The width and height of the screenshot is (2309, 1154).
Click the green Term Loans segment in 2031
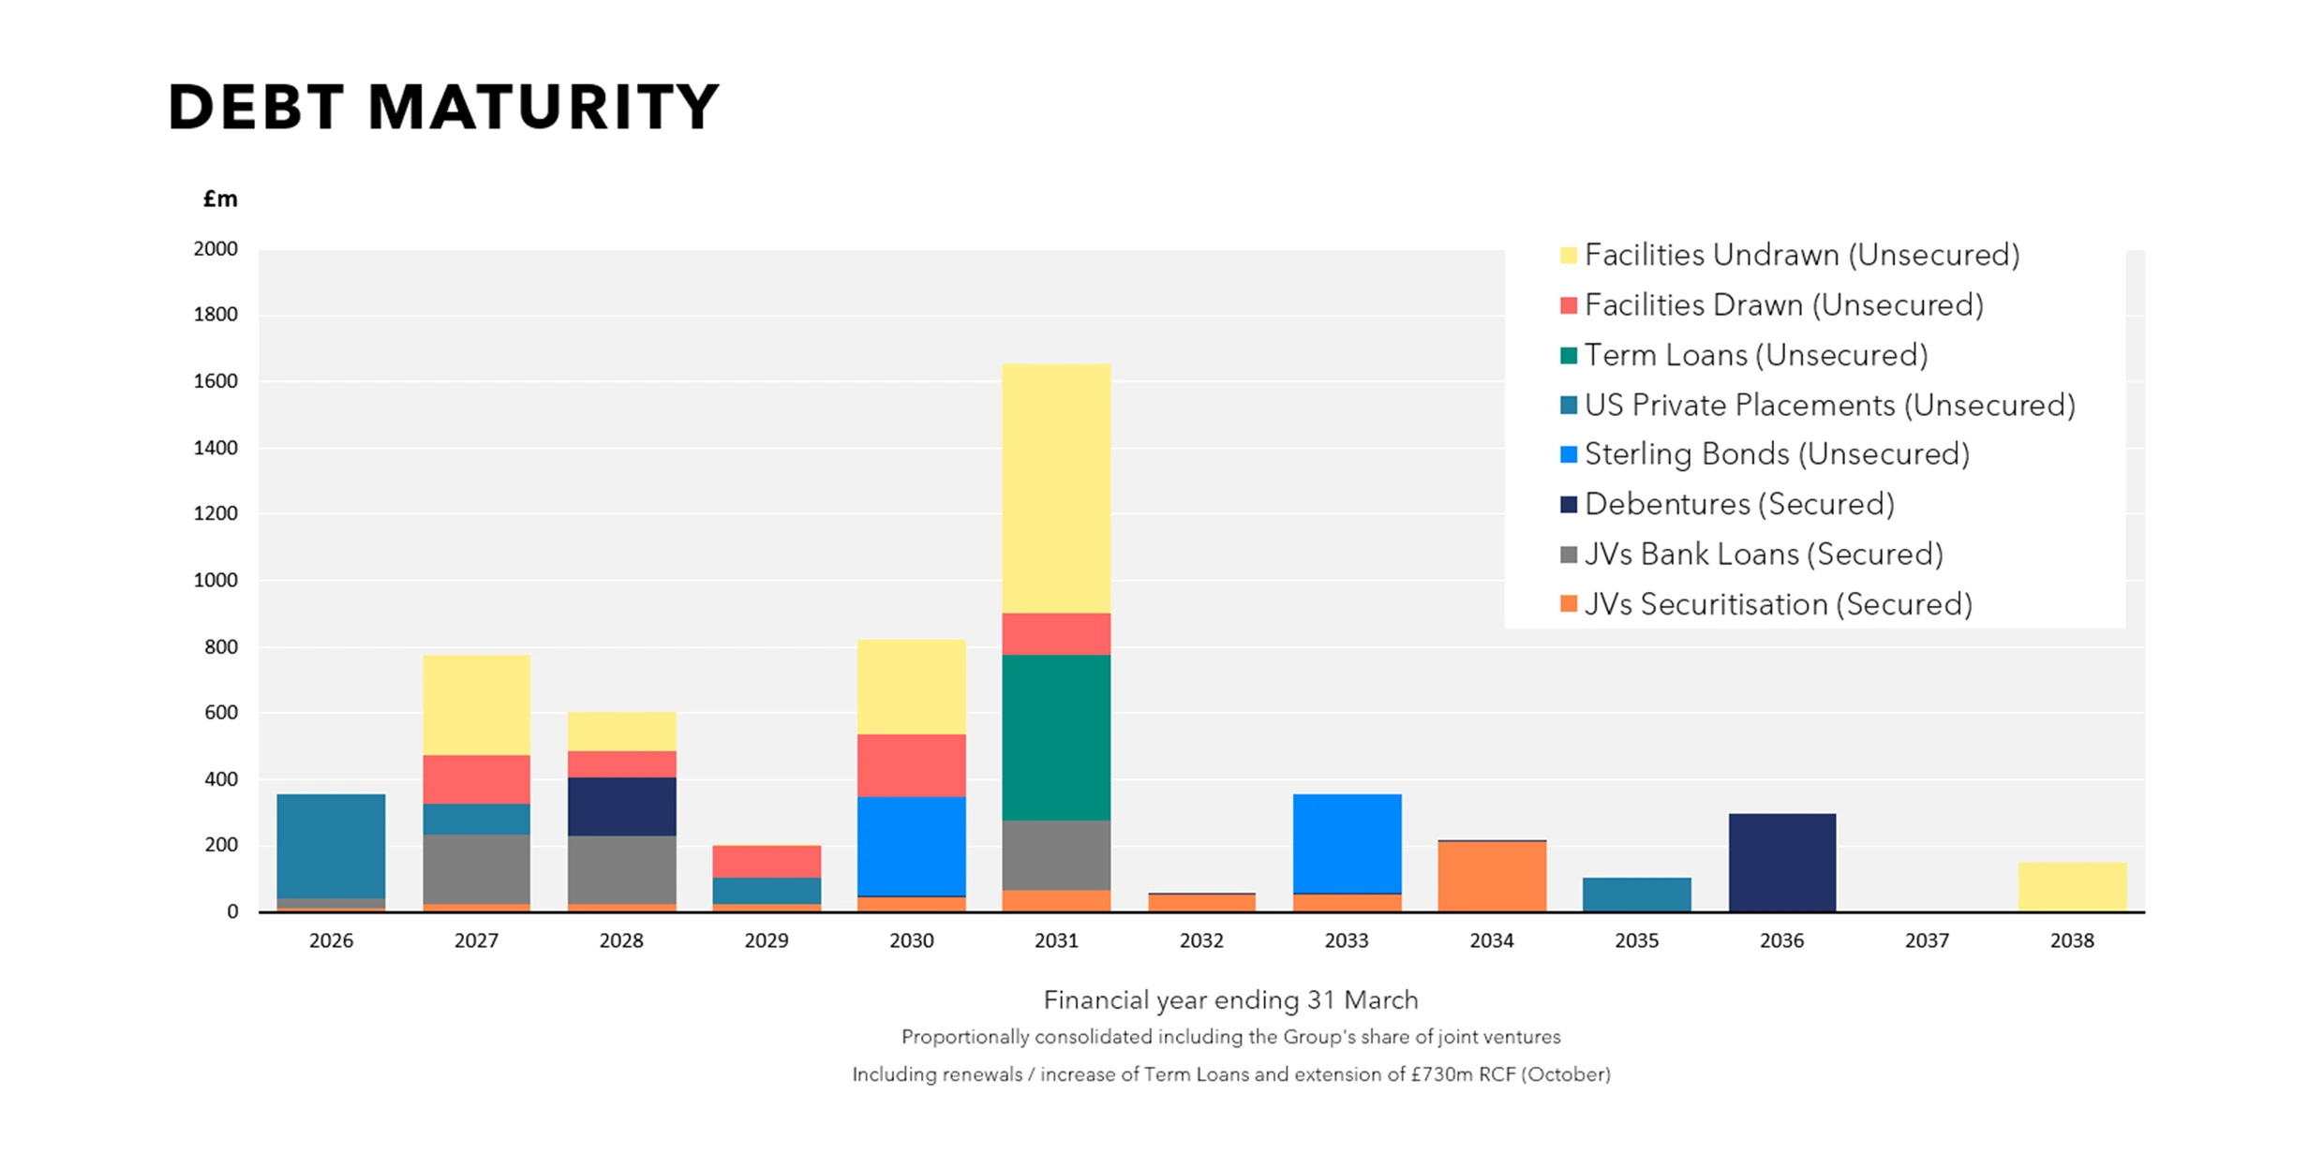tap(1056, 737)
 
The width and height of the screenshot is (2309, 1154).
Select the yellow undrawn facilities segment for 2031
tap(1056, 488)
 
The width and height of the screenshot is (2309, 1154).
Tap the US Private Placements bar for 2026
tap(331, 846)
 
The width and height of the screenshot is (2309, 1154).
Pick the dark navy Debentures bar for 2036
tap(1781, 862)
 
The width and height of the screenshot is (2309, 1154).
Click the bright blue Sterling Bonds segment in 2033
tap(1347, 843)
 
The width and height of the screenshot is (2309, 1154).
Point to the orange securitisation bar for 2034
tap(1492, 876)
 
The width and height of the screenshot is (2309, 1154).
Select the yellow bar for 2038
tap(2072, 886)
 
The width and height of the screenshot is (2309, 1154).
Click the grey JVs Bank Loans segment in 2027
tap(476, 868)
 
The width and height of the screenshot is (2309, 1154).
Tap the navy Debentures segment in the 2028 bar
tap(621, 806)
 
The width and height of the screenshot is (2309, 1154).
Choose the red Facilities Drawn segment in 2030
tap(911, 764)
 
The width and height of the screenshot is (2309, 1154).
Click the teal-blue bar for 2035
tap(1636, 894)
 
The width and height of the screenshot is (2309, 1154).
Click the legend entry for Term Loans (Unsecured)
tap(1754, 355)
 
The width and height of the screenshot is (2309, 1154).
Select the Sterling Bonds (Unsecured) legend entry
tap(1776, 454)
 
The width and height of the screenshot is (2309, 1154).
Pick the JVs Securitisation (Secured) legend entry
tap(1777, 604)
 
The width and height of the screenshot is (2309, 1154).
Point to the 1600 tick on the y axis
tap(216, 381)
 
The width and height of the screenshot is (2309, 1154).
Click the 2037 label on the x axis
tap(1927, 940)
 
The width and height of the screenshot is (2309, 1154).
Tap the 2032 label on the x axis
tap(1201, 940)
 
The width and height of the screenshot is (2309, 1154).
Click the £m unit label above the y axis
tap(220, 199)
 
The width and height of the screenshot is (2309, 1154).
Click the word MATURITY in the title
tap(544, 107)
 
